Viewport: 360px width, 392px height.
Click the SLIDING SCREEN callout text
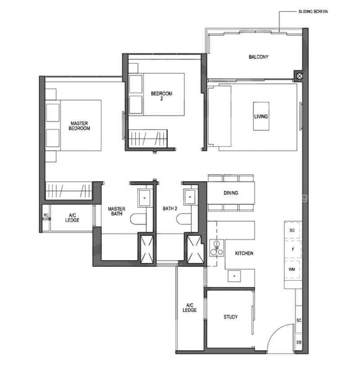[x=313, y=12]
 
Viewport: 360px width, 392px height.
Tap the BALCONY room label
[x=258, y=57]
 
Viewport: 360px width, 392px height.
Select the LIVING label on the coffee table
[x=261, y=117]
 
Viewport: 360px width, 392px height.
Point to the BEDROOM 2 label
[x=162, y=96]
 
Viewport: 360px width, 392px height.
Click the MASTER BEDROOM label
[x=79, y=126]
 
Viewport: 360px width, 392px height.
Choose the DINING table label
[x=231, y=193]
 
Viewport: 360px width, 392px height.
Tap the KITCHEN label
[x=244, y=253]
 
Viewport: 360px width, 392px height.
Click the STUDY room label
[x=230, y=317]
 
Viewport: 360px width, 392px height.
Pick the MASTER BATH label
[x=117, y=211]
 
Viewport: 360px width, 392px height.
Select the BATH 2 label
[x=170, y=209]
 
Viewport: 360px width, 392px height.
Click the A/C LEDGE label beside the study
[x=189, y=307]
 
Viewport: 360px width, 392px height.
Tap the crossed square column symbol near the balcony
[x=299, y=76]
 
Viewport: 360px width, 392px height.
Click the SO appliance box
[x=292, y=230]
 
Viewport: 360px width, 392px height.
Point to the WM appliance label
[x=292, y=269]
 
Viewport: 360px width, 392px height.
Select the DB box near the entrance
[x=299, y=342]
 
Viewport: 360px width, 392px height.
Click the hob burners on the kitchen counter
[x=216, y=248]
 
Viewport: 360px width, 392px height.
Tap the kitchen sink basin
[x=234, y=276]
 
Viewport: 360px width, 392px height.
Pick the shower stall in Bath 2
[x=194, y=249]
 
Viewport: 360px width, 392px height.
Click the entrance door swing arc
[x=277, y=331]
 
